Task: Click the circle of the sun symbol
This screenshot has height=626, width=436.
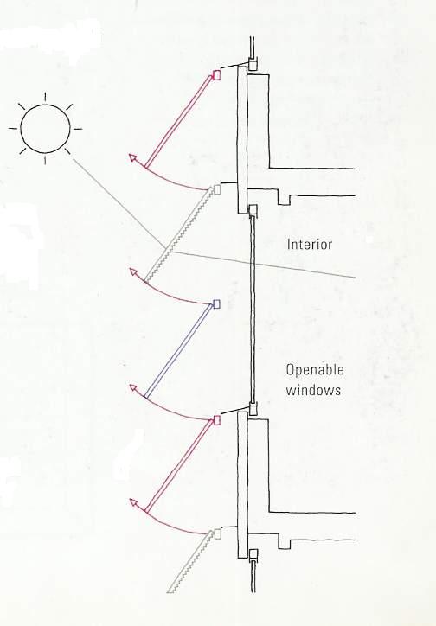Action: (45, 105)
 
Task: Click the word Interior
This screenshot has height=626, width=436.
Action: (310, 245)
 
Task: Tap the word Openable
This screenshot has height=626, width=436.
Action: (315, 370)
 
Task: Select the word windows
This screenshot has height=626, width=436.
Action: (313, 390)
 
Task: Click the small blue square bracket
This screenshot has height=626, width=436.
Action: (216, 304)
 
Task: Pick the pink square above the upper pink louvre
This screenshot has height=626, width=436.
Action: (217, 75)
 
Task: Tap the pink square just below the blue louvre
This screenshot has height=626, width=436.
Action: (217, 420)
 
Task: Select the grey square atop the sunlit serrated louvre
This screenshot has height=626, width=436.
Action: (217, 189)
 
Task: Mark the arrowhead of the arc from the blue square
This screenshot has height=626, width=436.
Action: (133, 272)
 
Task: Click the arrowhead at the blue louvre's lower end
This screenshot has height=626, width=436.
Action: (133, 388)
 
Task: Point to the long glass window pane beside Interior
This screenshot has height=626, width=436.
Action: (252, 310)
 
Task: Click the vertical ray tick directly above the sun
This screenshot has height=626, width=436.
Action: (45, 97)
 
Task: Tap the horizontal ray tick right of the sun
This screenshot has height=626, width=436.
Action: (78, 129)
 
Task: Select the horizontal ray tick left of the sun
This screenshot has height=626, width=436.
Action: (13, 129)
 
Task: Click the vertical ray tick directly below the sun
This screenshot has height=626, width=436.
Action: (45, 161)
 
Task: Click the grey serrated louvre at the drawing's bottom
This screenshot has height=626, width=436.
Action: (190, 562)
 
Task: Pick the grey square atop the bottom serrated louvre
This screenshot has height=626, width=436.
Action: (218, 533)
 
